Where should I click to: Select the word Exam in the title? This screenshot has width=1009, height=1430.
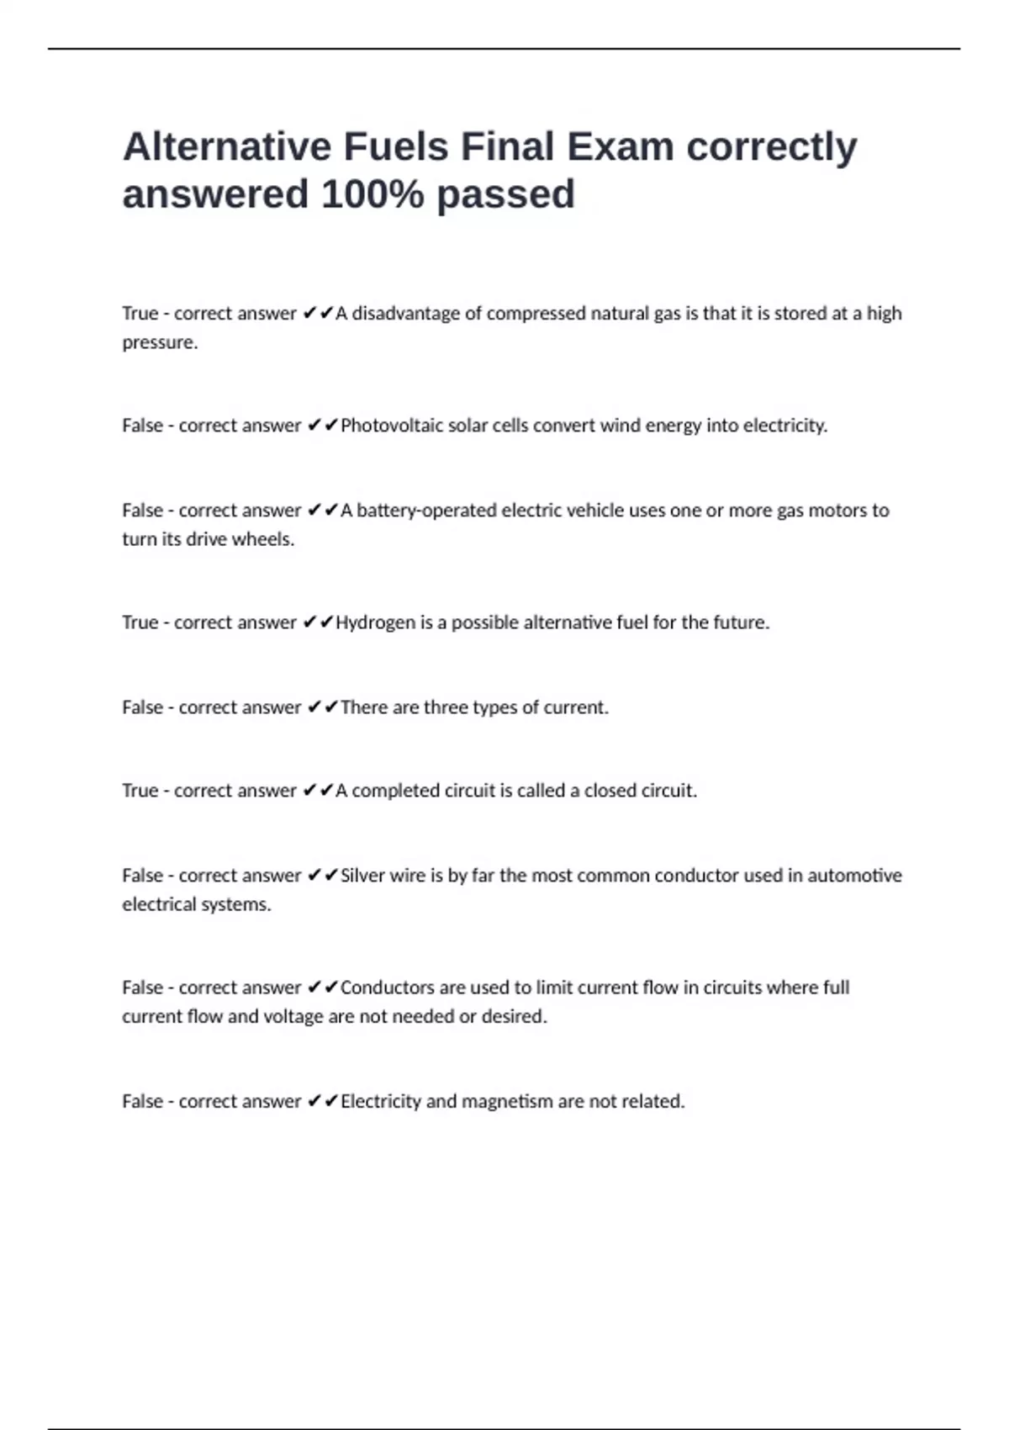coord(620,147)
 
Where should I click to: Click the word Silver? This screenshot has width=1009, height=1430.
coord(362,876)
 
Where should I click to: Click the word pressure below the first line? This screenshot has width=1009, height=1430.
coord(159,342)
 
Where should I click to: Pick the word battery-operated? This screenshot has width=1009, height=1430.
coord(426,511)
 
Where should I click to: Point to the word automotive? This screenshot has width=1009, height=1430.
coord(854,876)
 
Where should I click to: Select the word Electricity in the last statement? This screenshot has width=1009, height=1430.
coord(380,1101)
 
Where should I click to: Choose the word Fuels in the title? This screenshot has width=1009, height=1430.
coord(395,147)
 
